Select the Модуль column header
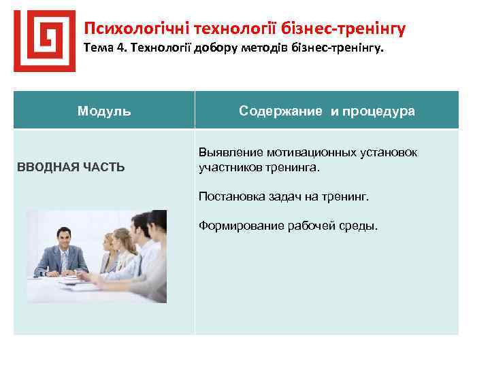click(104, 111)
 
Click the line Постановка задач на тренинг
click(283, 196)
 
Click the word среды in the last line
click(359, 226)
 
